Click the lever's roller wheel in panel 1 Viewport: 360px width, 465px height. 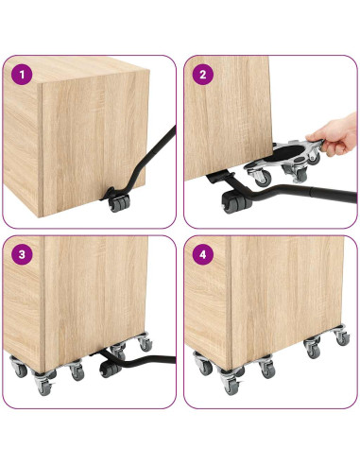[118, 201]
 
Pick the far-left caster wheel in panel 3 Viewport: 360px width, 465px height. [20, 370]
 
